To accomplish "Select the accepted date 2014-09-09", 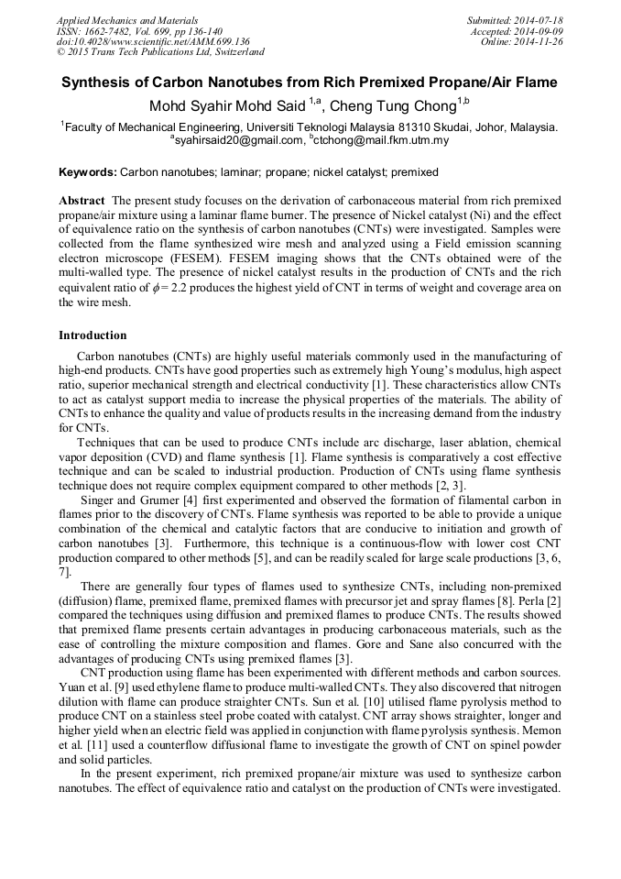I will pos(538,31).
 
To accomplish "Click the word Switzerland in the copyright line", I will pos(231,53).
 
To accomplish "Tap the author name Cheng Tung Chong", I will pos(398,105).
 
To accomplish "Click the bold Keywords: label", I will pos(88,172).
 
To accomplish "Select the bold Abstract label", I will pos(82,200).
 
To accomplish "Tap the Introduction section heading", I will pos(93,335).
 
